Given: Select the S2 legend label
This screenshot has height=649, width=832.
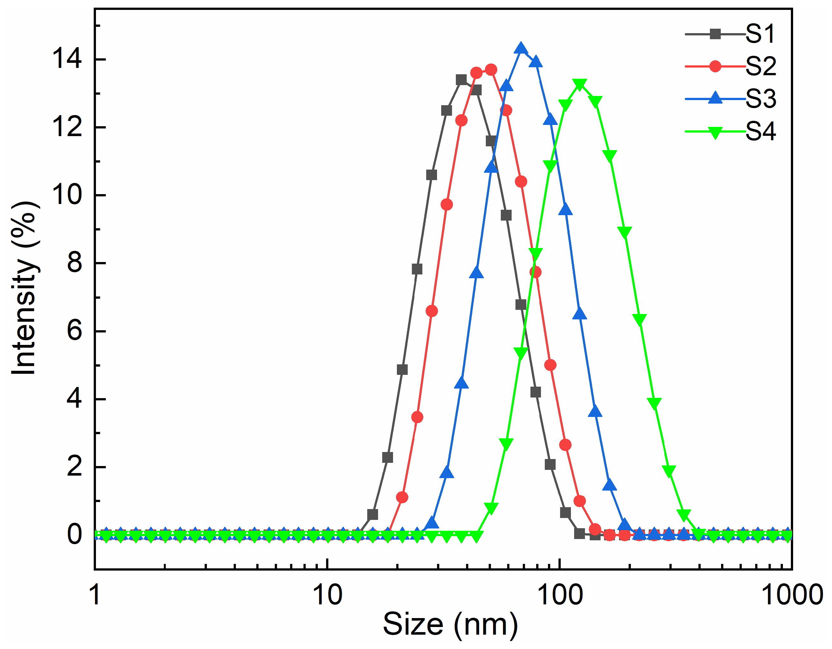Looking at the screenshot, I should pyautogui.click(x=760, y=66).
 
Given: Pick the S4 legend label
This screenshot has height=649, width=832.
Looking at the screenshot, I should pyautogui.click(x=760, y=131).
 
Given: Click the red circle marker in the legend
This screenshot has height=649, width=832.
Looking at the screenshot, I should pyautogui.click(x=715, y=66).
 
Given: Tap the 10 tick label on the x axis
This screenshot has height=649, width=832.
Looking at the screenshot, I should pyautogui.click(x=327, y=595).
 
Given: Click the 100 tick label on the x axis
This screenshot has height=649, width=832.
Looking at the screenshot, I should pyautogui.click(x=560, y=595).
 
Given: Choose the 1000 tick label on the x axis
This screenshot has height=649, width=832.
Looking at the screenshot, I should pyautogui.click(x=792, y=595).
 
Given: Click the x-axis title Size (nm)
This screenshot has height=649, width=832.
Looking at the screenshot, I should pyautogui.click(x=450, y=625).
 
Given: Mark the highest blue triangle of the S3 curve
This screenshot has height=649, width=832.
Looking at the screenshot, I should pyautogui.click(x=521, y=49).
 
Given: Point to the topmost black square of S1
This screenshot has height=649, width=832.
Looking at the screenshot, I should pyautogui.click(x=461, y=80).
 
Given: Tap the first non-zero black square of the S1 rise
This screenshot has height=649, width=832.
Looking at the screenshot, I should pyautogui.click(x=373, y=514).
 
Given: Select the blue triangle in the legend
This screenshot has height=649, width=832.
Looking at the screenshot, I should pyautogui.click(x=715, y=98).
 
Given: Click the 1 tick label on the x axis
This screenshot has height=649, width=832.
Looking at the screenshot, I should pyautogui.click(x=96, y=595).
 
